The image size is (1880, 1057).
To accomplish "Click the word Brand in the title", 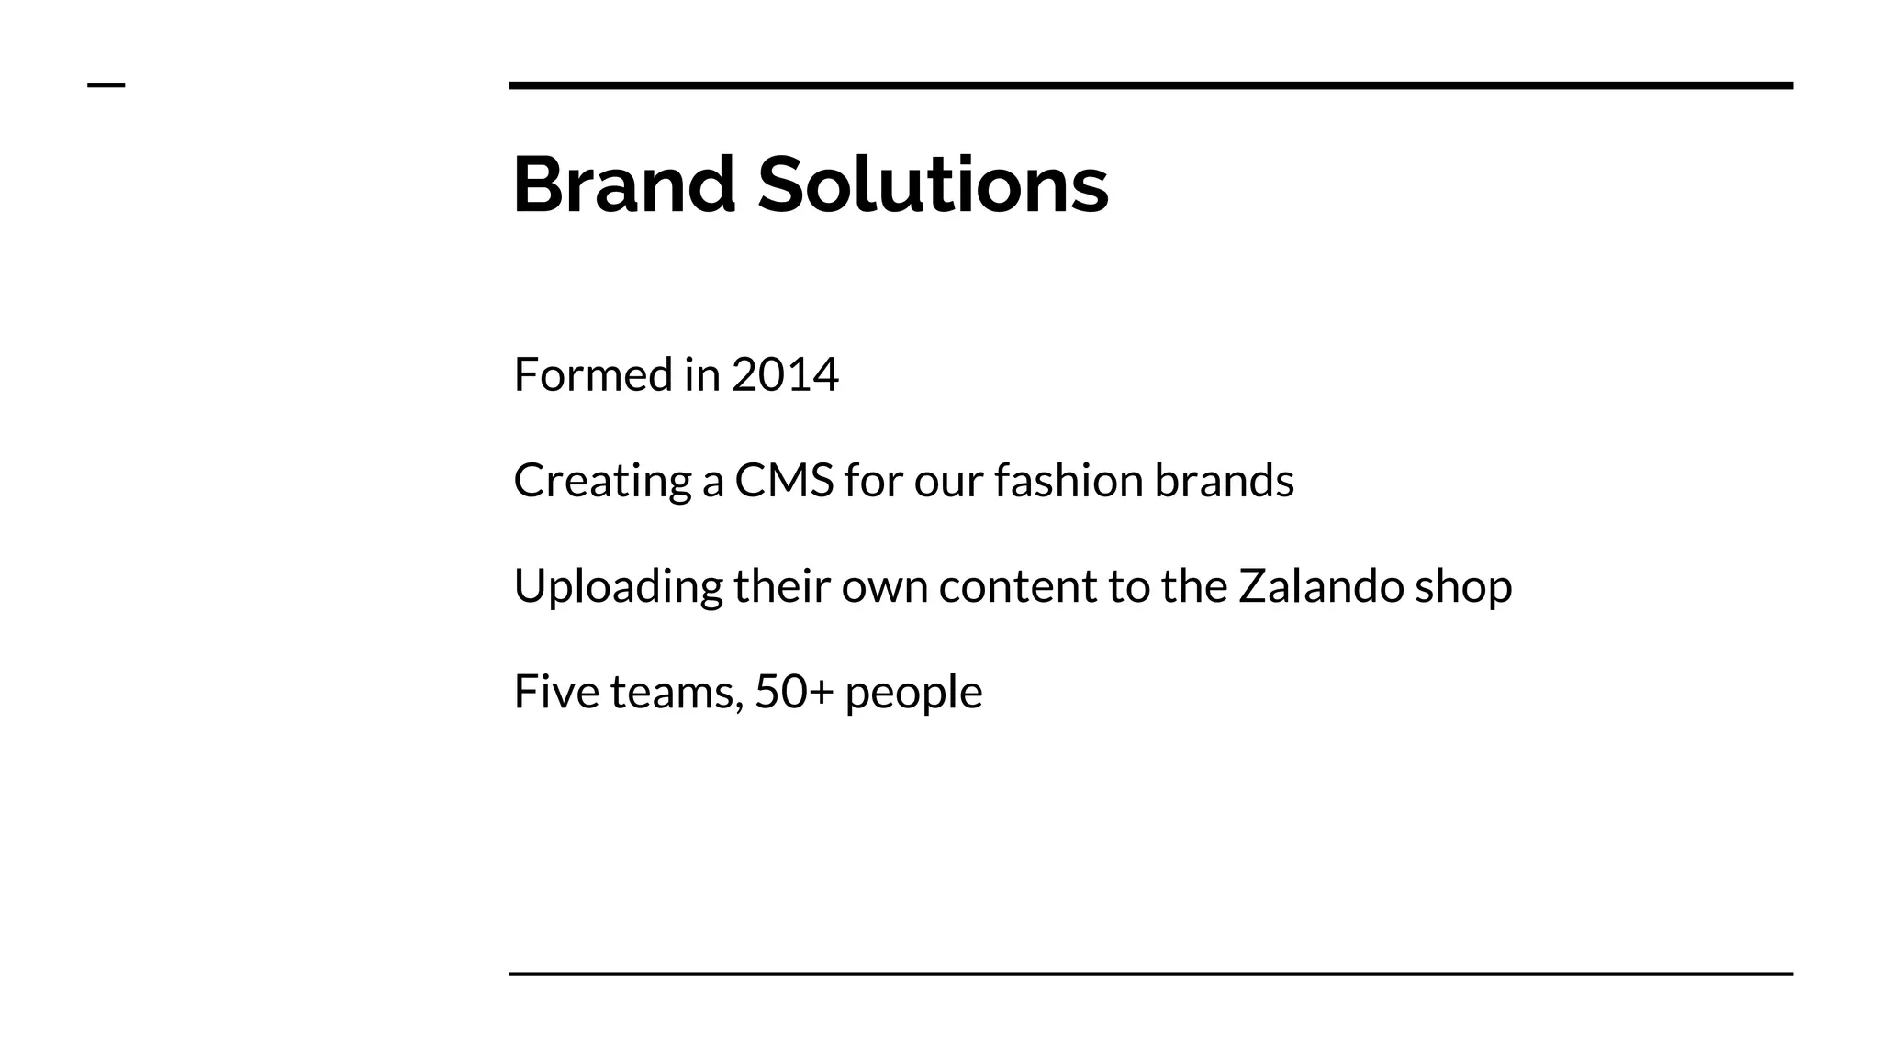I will [x=624, y=185].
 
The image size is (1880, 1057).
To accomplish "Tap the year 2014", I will [x=785, y=374].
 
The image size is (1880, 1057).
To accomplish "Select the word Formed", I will [x=593, y=374].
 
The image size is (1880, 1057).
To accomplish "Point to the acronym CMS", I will [x=784, y=480].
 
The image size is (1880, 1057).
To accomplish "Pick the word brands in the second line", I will [x=1224, y=480].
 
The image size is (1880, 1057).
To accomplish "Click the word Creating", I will [x=603, y=482].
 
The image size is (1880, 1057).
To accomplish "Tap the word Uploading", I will [x=618, y=587].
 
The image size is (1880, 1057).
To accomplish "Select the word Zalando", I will [x=1321, y=585].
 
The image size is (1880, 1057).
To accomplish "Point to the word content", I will [x=1017, y=585].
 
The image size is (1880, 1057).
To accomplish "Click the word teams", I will [x=677, y=693].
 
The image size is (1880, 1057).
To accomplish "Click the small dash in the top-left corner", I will [x=106, y=85].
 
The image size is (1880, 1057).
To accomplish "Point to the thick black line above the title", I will [x=1150, y=85].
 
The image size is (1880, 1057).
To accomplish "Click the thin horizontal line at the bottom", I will [x=1150, y=974].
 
